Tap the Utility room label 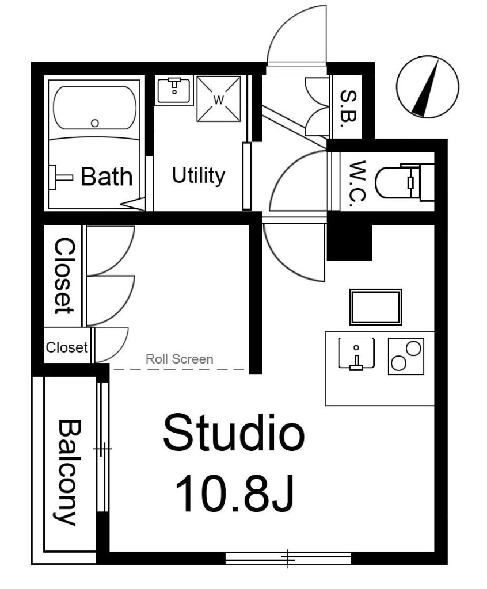point(198,175)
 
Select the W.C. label point(357,182)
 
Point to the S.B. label point(348,108)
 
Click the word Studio point(234,433)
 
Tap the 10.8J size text point(234,492)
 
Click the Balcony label point(69,472)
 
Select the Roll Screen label point(180,359)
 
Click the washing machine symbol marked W point(219,99)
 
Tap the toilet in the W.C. point(405,182)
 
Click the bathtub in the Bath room point(95,108)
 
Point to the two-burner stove point(406,356)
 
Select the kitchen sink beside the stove point(356,353)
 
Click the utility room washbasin point(174,90)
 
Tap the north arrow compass point(428,87)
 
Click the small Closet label point(67,347)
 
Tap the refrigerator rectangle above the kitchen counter point(376,307)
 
